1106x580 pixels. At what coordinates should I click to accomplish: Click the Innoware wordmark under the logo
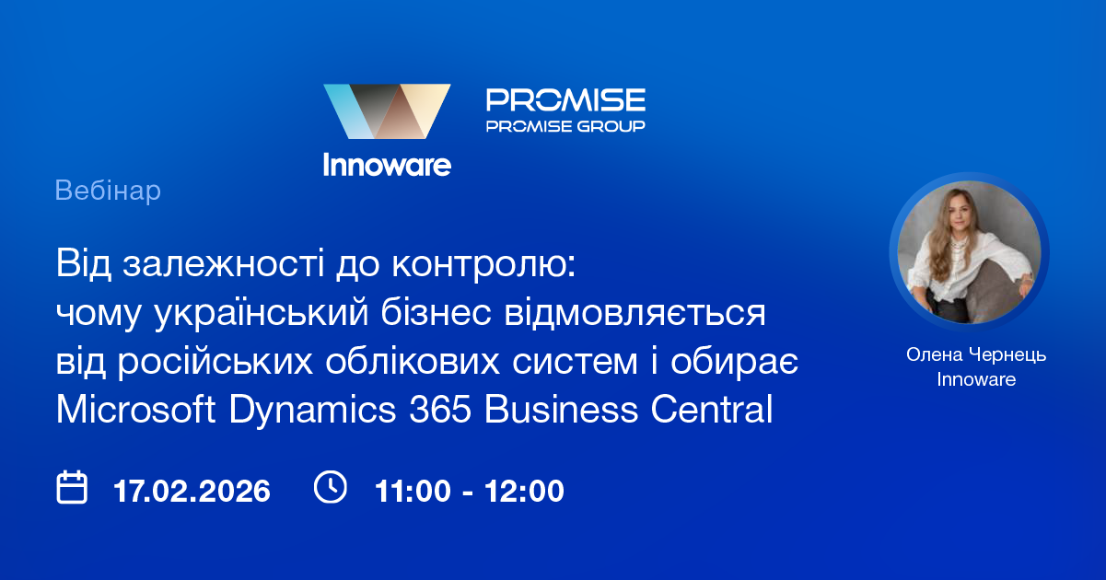pyautogui.click(x=387, y=164)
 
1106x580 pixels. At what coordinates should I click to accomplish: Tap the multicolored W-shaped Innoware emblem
pyautogui.click(x=387, y=111)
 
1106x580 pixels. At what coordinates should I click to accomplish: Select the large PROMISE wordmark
pyautogui.click(x=565, y=99)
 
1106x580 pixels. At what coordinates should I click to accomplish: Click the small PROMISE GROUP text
pyautogui.click(x=565, y=125)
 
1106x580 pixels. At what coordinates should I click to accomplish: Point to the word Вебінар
pyautogui.click(x=108, y=191)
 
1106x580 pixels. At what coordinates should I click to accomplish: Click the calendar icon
pyautogui.click(x=72, y=487)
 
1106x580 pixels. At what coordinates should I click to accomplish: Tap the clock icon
pyautogui.click(x=331, y=487)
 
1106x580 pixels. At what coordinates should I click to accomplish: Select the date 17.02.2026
pyautogui.click(x=192, y=491)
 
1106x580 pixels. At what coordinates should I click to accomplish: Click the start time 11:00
pyautogui.click(x=410, y=491)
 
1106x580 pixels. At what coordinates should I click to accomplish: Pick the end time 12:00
pyautogui.click(x=526, y=491)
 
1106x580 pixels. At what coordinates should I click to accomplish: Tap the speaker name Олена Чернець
pyautogui.click(x=976, y=354)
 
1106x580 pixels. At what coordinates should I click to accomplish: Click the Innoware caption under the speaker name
pyautogui.click(x=976, y=378)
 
